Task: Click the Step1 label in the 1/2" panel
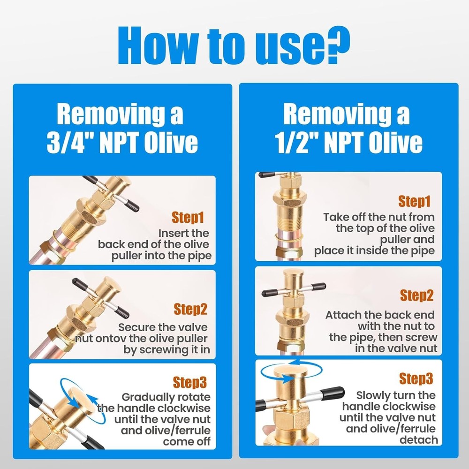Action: click(414, 202)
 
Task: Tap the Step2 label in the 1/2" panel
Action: click(416, 295)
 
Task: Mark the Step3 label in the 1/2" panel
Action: click(416, 378)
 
